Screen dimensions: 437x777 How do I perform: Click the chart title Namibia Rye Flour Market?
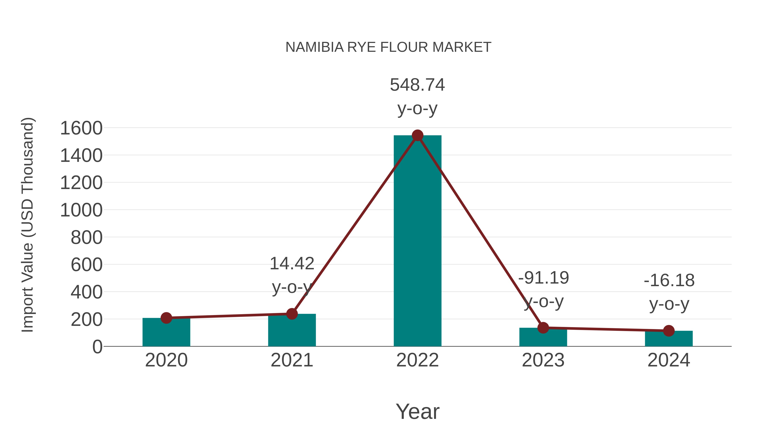click(x=388, y=47)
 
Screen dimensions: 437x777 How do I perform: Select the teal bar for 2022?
click(x=417, y=241)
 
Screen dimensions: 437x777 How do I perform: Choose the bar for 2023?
click(x=543, y=338)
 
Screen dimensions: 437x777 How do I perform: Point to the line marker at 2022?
click(x=417, y=135)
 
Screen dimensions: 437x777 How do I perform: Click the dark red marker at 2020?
click(x=166, y=318)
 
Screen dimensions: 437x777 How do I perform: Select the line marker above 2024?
click(x=669, y=331)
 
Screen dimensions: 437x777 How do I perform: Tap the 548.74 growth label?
click(x=417, y=85)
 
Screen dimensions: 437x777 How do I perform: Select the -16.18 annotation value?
click(x=669, y=281)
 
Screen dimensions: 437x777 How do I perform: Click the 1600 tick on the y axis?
click(x=81, y=128)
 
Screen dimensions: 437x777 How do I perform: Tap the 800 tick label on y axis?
click(x=87, y=238)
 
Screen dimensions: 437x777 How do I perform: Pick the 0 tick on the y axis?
click(x=97, y=347)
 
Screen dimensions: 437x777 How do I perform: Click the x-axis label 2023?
click(x=543, y=360)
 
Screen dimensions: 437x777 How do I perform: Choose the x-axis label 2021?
click(x=292, y=360)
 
